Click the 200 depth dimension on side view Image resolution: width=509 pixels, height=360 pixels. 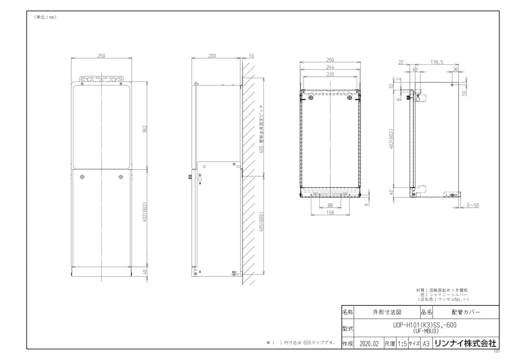pos(212,56)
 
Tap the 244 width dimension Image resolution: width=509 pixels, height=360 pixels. pos(330,67)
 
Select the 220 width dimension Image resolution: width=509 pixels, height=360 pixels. pos(330,74)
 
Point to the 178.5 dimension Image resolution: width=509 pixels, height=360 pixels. pos(436,62)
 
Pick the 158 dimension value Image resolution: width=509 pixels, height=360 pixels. pos(330,212)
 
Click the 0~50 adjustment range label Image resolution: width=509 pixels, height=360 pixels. pos(473,206)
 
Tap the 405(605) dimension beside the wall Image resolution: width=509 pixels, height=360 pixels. pos(262,222)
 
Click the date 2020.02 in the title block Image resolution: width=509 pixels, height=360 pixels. pos(368,343)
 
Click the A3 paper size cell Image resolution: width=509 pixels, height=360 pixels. pos(426,343)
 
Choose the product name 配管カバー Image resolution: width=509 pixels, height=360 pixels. pos(466,312)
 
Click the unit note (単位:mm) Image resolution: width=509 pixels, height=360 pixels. pos(45,17)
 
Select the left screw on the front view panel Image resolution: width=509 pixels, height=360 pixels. pos(83,176)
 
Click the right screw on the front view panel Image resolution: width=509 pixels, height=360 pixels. pos(121,176)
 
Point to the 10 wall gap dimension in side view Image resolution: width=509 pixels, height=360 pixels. pos(251,56)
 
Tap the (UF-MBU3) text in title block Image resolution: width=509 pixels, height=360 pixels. pos(425,331)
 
